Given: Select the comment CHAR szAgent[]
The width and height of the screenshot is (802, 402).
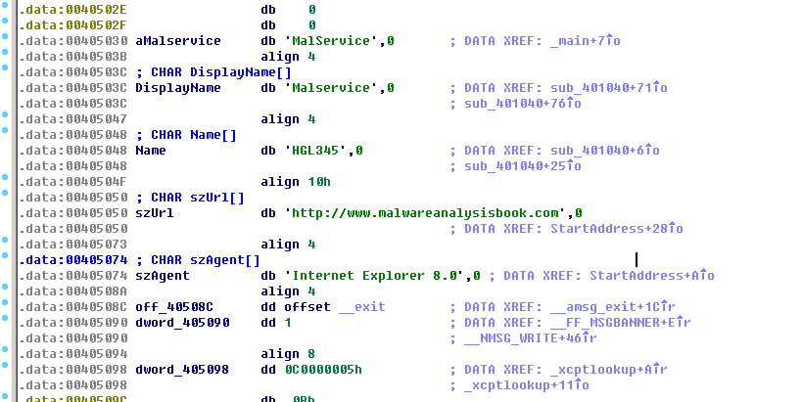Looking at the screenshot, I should tap(206, 259).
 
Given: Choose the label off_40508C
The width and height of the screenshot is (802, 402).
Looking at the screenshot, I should tap(175, 307).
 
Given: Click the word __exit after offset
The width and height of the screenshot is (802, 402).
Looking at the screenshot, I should tap(361, 307).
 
